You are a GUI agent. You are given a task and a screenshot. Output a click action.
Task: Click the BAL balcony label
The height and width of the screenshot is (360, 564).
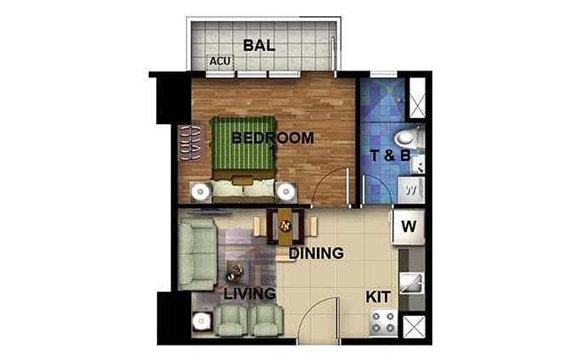[x=259, y=45]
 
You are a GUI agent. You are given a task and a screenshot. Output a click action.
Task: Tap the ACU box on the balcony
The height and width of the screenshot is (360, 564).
[x=221, y=62]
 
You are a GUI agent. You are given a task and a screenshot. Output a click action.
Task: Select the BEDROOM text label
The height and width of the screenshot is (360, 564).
[x=273, y=138]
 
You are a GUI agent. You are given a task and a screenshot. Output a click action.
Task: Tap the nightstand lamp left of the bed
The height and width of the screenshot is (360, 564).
[x=200, y=191]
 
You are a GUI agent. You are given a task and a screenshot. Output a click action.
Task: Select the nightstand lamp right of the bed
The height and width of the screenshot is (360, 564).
[x=285, y=191]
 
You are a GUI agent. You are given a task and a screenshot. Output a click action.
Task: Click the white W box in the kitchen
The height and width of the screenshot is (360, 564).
[x=408, y=227]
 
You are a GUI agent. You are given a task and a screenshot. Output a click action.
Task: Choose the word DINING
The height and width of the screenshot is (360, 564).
[x=315, y=253]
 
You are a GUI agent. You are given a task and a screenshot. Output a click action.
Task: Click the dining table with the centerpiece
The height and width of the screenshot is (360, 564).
[x=285, y=226]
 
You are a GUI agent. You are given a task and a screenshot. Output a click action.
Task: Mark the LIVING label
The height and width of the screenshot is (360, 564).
[x=250, y=294]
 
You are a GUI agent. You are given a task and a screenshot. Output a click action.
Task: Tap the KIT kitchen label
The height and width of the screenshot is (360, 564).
[x=378, y=298]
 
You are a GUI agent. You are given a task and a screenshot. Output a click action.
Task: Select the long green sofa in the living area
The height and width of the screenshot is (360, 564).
[x=197, y=253]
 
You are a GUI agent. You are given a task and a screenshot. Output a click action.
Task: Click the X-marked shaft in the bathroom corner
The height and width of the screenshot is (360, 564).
[x=417, y=99]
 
